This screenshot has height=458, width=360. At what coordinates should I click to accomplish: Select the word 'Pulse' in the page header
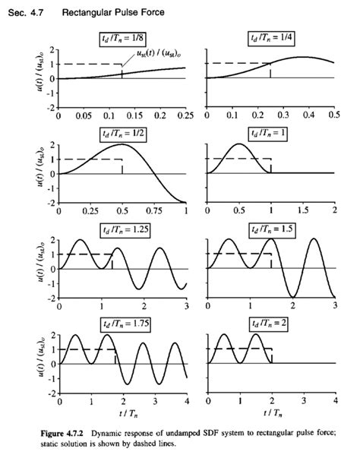pyautogui.click(x=130, y=13)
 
